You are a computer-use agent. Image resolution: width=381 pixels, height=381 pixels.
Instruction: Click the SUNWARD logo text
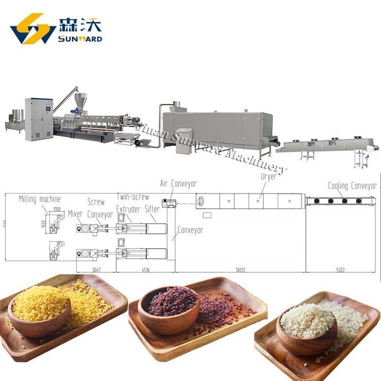tap(80, 39)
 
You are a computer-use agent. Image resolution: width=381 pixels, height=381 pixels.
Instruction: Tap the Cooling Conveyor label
tap(352, 186)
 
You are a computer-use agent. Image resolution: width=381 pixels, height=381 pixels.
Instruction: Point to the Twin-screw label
tap(133, 196)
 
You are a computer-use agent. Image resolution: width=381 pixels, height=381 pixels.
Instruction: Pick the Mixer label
tap(75, 214)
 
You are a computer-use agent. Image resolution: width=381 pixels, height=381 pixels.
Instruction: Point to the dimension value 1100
tap(56, 208)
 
